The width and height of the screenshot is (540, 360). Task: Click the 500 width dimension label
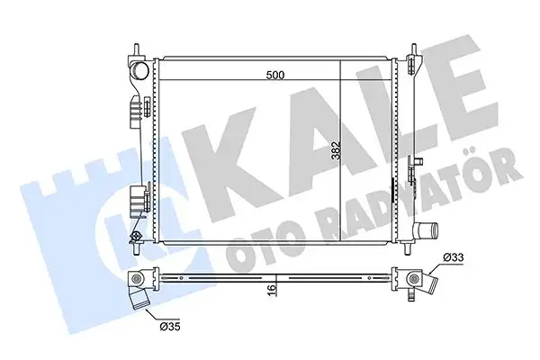click(x=275, y=76)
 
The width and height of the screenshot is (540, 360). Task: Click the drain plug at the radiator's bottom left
click(x=137, y=238)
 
